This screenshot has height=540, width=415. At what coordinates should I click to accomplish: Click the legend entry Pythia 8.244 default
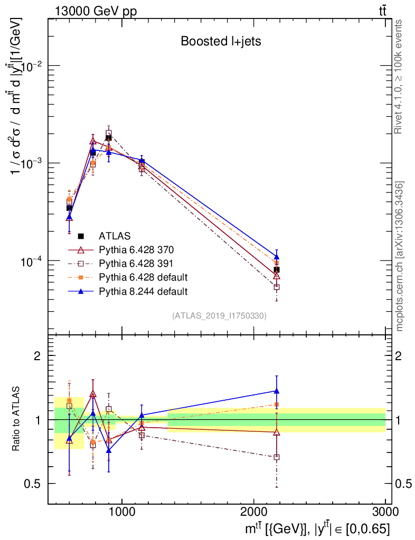[x=143, y=291]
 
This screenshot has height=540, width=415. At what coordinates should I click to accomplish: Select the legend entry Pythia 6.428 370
[x=136, y=249]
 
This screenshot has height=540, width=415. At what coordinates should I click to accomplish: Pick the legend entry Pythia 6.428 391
[x=136, y=263]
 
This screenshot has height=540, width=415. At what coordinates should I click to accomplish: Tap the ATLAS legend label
[x=115, y=236]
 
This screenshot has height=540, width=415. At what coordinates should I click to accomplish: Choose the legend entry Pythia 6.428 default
[x=143, y=277]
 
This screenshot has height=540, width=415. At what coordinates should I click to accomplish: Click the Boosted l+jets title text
[x=221, y=42]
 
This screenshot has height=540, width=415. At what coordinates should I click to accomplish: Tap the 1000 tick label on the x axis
[x=122, y=512]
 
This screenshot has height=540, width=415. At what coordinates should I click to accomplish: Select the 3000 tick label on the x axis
[x=385, y=512]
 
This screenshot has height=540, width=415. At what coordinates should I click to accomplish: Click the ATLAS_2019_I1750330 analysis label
[x=219, y=316]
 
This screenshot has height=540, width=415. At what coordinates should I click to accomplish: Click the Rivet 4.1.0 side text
[x=400, y=77]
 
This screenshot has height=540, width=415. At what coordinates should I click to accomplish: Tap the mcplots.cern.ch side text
[x=400, y=256]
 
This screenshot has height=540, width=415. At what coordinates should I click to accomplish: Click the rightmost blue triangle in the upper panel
[x=277, y=256]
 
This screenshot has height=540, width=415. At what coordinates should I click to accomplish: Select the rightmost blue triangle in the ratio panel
[x=277, y=391]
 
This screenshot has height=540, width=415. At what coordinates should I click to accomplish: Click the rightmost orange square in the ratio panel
[x=277, y=405]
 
